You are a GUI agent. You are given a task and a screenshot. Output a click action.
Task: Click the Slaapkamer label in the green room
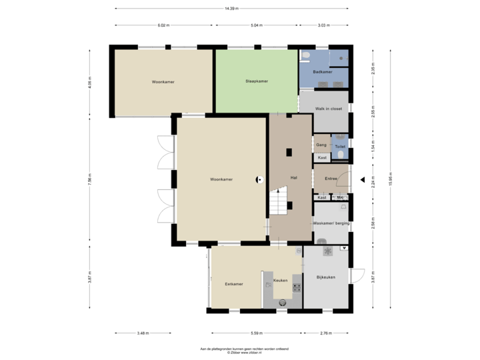click(x=256, y=81)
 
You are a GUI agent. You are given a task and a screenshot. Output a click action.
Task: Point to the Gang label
click(x=321, y=145)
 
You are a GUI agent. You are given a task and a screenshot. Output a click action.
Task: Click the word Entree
click(x=331, y=179)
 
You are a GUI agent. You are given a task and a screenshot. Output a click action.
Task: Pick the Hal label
click(x=293, y=177)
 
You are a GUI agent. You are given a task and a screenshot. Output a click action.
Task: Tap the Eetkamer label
click(x=233, y=283)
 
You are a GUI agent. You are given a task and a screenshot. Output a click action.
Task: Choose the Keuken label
click(x=281, y=280)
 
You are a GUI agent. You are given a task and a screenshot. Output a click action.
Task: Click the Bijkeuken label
click(x=325, y=277)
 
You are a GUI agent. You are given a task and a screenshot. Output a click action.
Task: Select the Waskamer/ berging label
click(x=331, y=223)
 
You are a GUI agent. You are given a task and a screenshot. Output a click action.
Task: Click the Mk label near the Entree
click(x=340, y=197)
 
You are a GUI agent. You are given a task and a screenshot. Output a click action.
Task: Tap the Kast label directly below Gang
click(x=322, y=158)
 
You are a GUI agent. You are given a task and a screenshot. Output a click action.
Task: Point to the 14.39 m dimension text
click(x=231, y=9)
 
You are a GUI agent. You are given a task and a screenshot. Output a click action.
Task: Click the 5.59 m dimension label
click(x=256, y=333)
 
